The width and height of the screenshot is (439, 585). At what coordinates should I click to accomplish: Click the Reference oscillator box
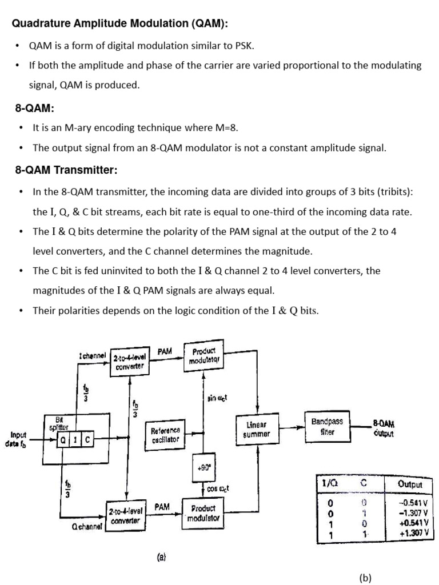point(165,435)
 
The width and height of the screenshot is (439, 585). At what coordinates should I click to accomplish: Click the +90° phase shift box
point(204,467)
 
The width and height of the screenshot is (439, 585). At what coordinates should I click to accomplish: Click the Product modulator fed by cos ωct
point(203,512)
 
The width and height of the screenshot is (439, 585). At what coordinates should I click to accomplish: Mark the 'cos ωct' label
point(218,489)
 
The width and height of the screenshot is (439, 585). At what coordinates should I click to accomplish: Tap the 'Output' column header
point(410,484)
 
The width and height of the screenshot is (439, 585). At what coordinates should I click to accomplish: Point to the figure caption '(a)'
point(161,555)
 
